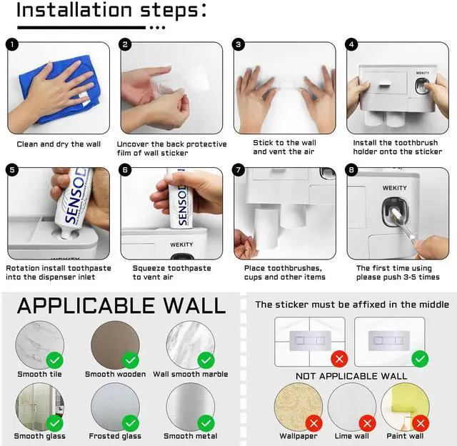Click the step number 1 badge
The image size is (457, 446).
point(12,44)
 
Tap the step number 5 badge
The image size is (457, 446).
point(12,170)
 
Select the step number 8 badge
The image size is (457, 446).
point(351,170)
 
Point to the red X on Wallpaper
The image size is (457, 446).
point(314,423)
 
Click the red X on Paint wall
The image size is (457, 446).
point(421,423)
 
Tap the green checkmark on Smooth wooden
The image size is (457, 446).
point(130,360)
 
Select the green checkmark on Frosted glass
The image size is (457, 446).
point(130,423)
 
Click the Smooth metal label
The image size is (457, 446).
point(191,436)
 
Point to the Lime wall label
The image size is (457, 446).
point(352,436)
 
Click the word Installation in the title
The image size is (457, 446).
point(74,10)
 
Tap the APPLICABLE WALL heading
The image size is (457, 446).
point(121,306)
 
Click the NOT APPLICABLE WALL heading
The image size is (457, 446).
point(351,376)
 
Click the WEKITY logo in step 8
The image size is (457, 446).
point(395,188)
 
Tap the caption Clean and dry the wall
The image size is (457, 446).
point(59,144)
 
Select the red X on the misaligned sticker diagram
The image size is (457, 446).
point(339,359)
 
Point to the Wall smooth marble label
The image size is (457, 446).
point(191,375)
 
